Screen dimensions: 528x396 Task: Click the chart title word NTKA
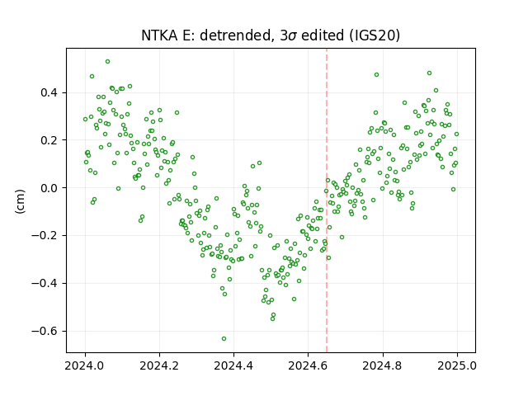coord(160,35)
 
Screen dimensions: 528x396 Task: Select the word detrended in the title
coord(236,36)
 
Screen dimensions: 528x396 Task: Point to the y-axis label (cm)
coord(20,201)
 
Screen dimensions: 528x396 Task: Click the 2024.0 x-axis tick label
coord(85,365)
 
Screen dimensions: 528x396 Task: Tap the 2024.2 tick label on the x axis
coord(159,365)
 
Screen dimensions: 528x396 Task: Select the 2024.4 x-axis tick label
coord(233,365)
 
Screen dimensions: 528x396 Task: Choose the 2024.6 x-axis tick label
coord(308,365)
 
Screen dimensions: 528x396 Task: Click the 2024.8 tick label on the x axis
coord(383,365)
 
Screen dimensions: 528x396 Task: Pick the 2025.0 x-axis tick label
coord(457,365)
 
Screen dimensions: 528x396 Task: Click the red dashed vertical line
coord(327,200)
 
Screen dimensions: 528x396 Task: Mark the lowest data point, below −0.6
coord(224,339)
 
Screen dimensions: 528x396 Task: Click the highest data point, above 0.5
coord(108,62)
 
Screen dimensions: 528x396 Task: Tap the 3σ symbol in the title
coord(288,35)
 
